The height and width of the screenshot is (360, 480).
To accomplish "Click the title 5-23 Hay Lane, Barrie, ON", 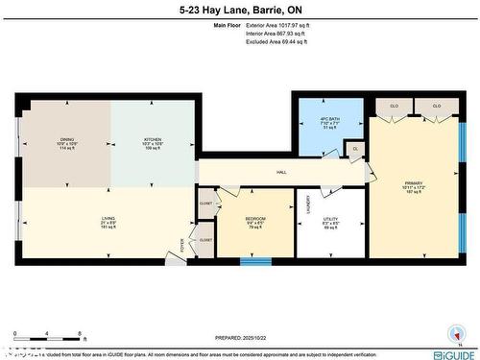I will (x=240, y=10).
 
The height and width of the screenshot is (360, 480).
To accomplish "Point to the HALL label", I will (x=281, y=172).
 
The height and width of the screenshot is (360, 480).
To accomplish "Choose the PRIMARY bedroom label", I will (x=412, y=181).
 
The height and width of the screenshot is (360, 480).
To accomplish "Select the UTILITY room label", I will (x=329, y=220).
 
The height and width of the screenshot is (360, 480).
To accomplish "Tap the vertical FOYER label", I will (x=183, y=244).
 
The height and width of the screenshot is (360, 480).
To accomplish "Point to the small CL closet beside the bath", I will (x=355, y=149).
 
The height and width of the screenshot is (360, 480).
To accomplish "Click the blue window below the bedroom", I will (x=254, y=261).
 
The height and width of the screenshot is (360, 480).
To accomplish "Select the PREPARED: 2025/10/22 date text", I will (x=240, y=337).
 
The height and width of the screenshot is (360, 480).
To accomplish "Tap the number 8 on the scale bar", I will (x=78, y=333).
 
